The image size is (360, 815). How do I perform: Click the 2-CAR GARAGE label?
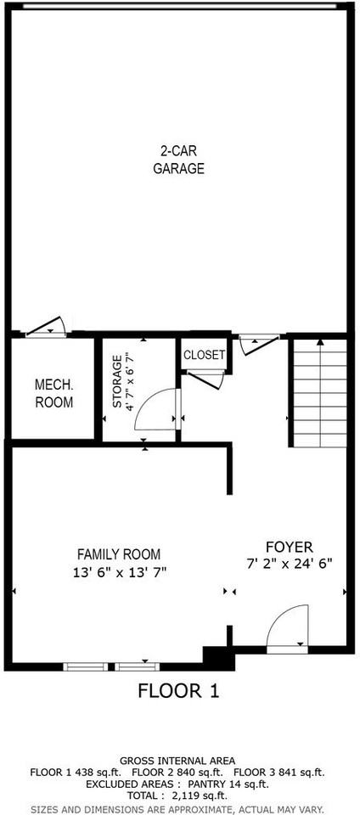[x=178, y=160]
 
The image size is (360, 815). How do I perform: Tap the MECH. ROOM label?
[x=53, y=393]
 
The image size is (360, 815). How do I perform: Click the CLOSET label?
[x=205, y=355]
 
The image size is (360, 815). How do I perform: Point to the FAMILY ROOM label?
[x=118, y=554]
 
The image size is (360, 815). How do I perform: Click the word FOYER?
[x=289, y=546]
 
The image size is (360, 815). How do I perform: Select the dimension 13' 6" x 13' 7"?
[x=119, y=571]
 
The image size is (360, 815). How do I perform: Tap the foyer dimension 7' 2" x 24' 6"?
[x=289, y=562]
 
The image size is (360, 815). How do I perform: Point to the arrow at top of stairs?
[x=319, y=343]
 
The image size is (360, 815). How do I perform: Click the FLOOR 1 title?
[x=178, y=691]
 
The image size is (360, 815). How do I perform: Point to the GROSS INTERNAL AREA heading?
[x=177, y=760]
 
